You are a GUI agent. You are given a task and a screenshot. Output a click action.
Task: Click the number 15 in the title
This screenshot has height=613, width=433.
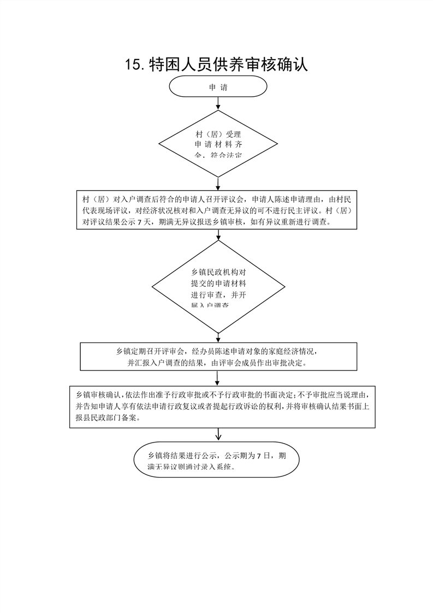click(133, 64)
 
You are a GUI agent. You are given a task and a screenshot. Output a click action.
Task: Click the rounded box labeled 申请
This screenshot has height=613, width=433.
click(218, 87)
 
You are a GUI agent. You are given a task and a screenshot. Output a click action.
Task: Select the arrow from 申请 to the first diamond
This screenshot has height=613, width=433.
click(218, 103)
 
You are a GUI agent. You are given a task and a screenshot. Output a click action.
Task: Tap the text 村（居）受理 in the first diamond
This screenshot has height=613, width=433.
click(218, 134)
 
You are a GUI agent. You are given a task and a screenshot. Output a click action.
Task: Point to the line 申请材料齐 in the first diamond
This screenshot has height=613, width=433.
click(218, 145)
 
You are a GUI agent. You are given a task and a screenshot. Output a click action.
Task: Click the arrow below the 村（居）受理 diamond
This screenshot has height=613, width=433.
click(218, 184)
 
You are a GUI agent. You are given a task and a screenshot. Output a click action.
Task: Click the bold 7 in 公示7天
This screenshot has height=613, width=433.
click(140, 222)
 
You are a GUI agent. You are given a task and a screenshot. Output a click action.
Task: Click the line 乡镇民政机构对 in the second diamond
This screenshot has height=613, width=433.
click(218, 272)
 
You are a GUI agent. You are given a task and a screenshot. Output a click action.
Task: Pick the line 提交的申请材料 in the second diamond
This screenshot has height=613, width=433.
click(218, 284)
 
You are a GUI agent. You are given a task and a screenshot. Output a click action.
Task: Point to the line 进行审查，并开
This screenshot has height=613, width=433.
click(218, 295)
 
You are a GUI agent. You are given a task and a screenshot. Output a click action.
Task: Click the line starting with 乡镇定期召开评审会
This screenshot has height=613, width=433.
click(216, 351)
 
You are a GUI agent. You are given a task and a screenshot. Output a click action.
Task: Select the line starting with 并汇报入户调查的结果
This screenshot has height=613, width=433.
click(217, 362)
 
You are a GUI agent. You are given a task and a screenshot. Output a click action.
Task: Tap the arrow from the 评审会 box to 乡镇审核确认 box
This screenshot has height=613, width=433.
click(218, 378)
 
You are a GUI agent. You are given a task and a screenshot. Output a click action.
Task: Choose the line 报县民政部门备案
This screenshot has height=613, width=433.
click(108, 418)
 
